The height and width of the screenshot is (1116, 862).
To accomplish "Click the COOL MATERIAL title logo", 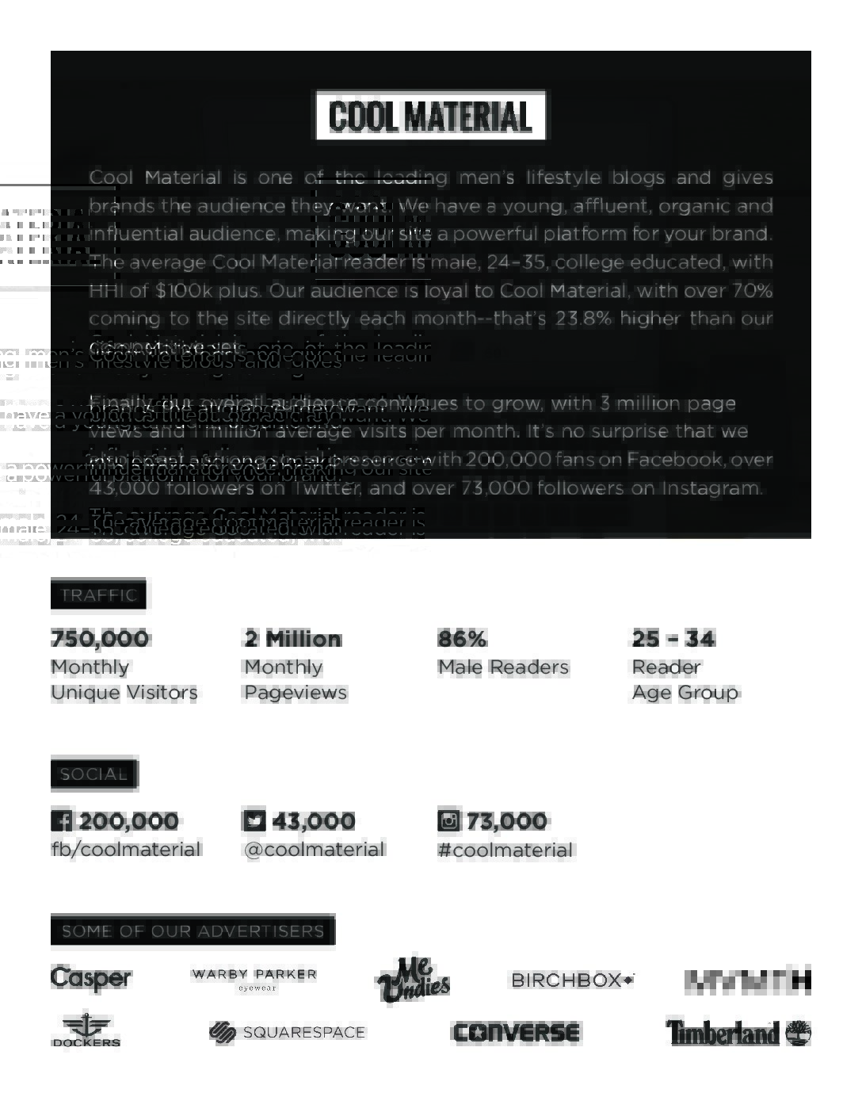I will pos(430,116).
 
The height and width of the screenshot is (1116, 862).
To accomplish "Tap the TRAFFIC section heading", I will pos(98,595).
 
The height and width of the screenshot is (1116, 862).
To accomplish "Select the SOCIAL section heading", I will pos(94,774).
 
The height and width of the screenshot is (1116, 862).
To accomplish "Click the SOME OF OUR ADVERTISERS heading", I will pos(193,931).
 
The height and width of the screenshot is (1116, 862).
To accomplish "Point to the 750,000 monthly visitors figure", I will pos(100,639).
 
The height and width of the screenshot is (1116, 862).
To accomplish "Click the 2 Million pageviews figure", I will pos(293,639).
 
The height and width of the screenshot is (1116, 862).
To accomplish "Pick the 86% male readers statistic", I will pos(463,639).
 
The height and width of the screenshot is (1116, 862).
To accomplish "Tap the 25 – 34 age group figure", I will pos(673,639).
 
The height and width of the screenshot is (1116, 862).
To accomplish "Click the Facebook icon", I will pos(61,820).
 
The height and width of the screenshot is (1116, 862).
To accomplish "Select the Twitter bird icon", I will pos(254,820).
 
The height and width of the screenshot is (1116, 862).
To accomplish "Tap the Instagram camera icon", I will pos(448,820).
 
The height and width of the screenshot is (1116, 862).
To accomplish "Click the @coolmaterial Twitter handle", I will pos(315,850).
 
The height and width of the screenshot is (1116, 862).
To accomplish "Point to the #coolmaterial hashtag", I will pos(505,850).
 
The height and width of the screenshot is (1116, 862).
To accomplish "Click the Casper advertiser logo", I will pos(91,979).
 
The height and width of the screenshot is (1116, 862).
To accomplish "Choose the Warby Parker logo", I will pos(254,979).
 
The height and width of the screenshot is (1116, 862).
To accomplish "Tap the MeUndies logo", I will pos(413,980).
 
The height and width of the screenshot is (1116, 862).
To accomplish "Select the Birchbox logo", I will pos(572,980).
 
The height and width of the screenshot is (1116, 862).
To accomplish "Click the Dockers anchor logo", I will pos(86,1030).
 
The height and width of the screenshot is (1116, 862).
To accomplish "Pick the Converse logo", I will pos(516,1033).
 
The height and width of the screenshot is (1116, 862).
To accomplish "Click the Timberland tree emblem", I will pos(798,1032).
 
